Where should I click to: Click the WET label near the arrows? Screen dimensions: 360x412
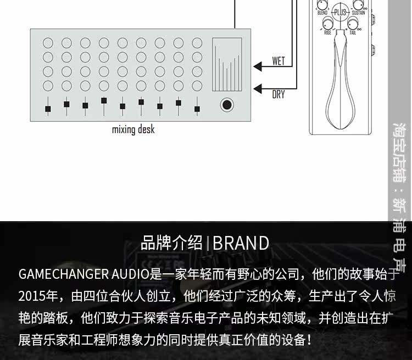coord(279,61)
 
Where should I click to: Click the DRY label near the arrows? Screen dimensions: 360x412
coord(279,94)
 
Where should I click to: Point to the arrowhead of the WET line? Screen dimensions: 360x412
coord(258,67)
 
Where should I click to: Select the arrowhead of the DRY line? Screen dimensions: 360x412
coord(258,87)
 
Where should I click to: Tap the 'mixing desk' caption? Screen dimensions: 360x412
coord(133,130)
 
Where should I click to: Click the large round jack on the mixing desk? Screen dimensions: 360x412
coord(226,105)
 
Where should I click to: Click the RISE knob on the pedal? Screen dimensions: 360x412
coord(329,23)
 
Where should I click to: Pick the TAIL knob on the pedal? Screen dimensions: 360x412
coord(352,23)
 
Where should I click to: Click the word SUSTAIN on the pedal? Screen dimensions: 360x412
coord(358,12)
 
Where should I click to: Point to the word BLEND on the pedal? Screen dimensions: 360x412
coord(322,12)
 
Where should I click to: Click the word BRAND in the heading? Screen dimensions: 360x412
coord(241,243)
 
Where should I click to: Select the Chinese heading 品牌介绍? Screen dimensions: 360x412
coord(172,243)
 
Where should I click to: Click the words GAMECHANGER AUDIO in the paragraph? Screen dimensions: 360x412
coord(83,274)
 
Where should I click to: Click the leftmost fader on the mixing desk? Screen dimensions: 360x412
coord(48,105)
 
